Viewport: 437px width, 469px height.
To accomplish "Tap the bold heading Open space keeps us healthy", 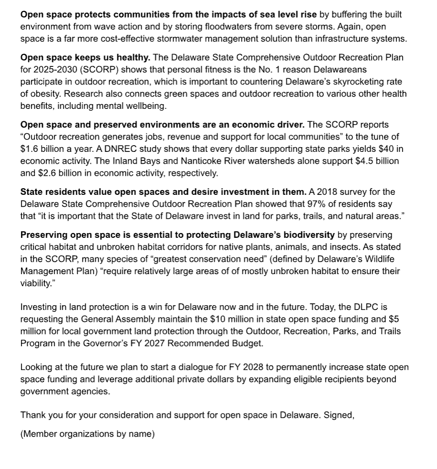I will coord(85,57).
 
